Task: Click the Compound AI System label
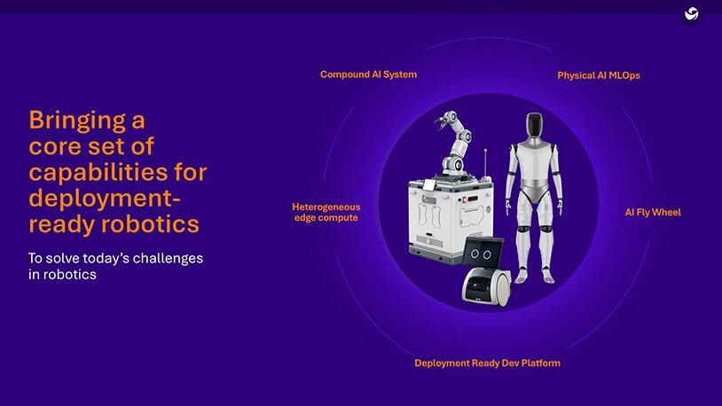(368, 74)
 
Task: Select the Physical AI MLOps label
(598, 76)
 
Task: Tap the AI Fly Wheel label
(653, 213)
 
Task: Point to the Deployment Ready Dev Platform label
(487, 363)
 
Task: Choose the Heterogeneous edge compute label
(326, 212)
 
